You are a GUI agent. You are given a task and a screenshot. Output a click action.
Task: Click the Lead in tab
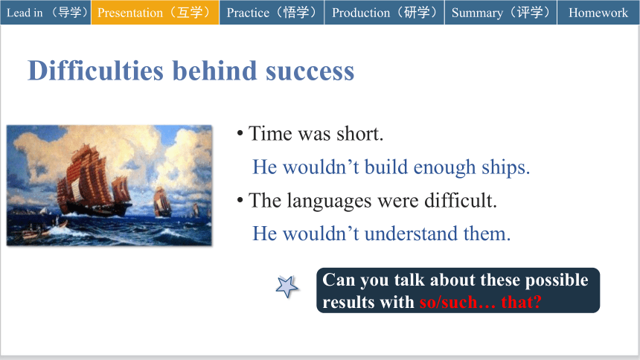(45, 12)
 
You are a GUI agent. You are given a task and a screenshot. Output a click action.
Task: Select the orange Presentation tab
(155, 12)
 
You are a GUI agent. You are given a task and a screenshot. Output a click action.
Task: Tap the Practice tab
(272, 12)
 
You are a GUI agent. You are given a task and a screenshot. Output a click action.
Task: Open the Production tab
(384, 12)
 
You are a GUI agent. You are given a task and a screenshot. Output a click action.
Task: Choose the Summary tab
(501, 12)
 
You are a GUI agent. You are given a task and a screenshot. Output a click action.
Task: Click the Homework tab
(598, 12)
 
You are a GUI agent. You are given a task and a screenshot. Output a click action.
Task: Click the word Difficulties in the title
(95, 71)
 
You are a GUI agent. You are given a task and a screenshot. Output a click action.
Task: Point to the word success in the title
(310, 71)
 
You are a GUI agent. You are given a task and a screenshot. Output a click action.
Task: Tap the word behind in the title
(214, 71)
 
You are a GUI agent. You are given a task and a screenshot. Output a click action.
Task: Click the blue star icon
(287, 286)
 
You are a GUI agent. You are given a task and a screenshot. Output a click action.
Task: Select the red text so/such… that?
(481, 302)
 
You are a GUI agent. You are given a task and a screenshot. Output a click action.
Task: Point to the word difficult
(458, 200)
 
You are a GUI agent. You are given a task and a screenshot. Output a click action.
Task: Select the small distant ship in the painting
(162, 202)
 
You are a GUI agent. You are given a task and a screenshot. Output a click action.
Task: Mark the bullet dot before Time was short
(240, 133)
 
